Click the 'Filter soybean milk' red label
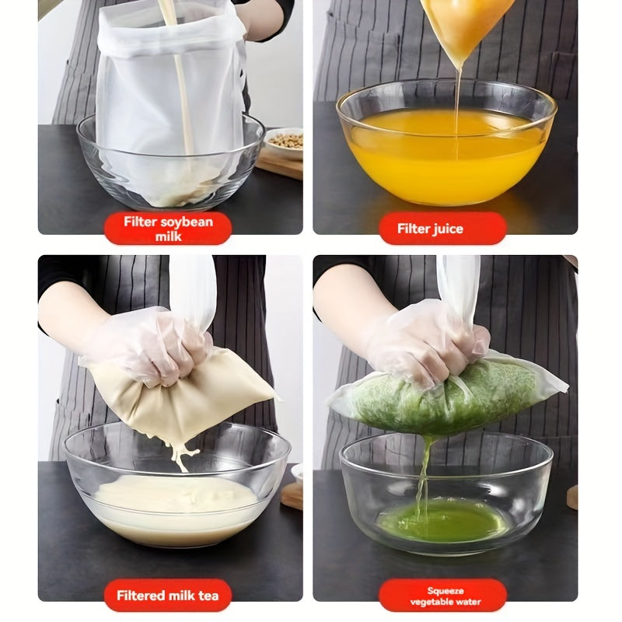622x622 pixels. (x=168, y=229)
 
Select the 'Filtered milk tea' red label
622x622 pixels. (x=168, y=596)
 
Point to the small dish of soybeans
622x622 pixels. (x=285, y=142)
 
